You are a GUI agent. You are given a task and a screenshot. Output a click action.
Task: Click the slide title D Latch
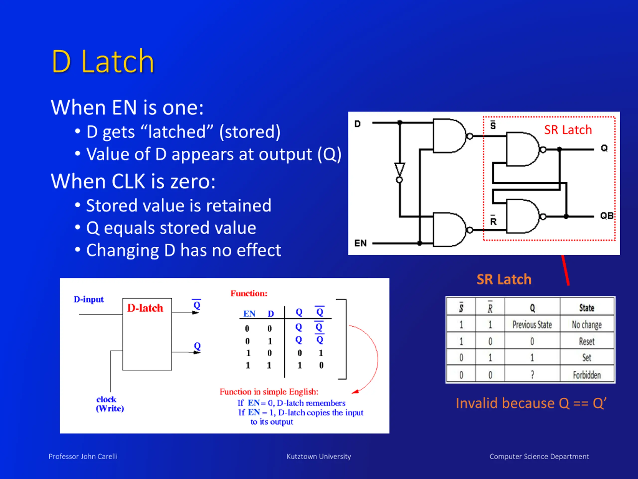103,62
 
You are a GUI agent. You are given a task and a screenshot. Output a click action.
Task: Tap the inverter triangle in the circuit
399,169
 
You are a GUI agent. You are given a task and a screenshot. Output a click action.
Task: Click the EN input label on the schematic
361,243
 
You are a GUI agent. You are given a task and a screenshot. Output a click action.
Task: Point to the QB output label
607,216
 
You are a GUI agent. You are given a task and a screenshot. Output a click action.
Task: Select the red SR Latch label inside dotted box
568,130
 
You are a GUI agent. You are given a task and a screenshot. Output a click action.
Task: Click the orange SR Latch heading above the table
504,279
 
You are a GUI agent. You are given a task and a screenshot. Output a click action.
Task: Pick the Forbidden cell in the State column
587,375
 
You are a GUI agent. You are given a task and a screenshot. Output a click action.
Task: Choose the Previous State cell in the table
532,325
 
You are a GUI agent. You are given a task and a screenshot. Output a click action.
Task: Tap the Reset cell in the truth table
587,341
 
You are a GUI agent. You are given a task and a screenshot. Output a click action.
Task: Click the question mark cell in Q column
532,375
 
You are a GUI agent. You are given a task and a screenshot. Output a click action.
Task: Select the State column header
587,308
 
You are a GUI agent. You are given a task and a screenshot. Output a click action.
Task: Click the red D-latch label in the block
145,308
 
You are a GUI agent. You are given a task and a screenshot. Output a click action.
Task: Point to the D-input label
88,299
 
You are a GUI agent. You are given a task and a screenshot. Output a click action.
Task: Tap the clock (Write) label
110,404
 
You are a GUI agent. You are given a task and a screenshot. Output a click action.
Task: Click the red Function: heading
249,293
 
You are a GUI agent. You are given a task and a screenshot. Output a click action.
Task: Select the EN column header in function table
249,314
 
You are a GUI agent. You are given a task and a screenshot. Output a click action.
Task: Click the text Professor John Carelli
83,457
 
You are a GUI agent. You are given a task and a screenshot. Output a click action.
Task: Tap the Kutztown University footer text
319,457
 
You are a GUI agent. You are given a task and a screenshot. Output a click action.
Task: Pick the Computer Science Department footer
539,457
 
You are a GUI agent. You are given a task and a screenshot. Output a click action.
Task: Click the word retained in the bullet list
239,206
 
